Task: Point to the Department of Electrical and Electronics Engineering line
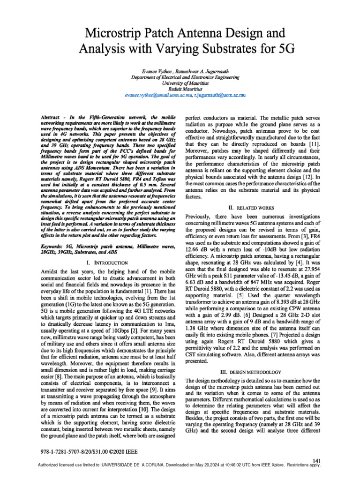click(180, 77)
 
